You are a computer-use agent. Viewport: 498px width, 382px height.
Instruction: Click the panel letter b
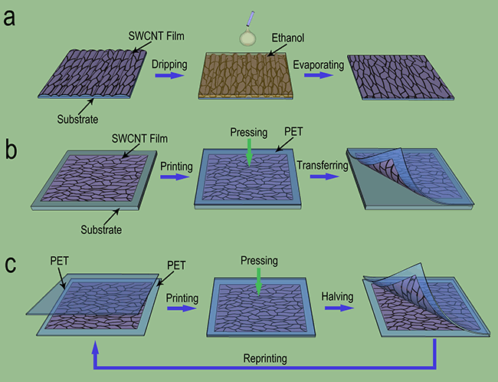click(x=10, y=148)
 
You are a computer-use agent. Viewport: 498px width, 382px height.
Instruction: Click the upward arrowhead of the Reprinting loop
click(x=95, y=348)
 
